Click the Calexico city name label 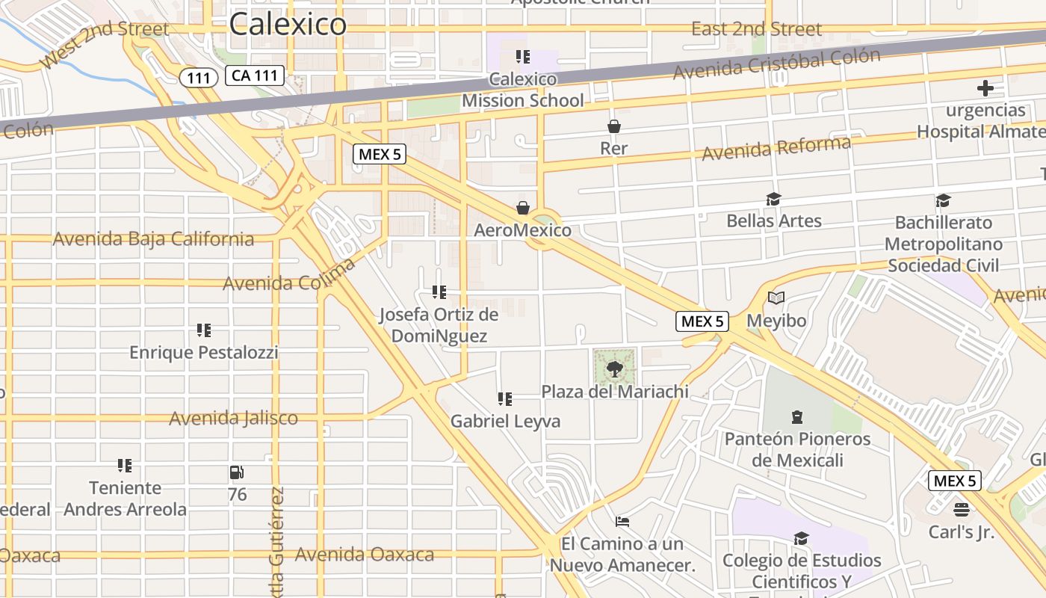coord(288,24)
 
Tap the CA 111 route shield coord(255,75)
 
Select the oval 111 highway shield coord(198,77)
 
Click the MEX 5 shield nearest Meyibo coord(702,321)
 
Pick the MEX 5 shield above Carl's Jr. coord(954,481)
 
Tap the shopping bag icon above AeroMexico coord(522,207)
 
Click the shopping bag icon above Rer coord(613,126)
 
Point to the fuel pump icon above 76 coord(237,472)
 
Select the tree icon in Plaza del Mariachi coord(614,368)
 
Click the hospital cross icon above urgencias coord(985,88)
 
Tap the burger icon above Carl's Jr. coord(961,510)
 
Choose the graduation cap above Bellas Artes coord(773,199)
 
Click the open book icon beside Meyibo coord(776,298)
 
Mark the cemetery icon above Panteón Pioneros coord(797,416)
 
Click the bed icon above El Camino coord(622,521)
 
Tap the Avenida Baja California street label coord(153,239)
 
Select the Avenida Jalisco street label coord(233,418)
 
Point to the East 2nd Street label coord(756,29)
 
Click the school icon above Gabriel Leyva coord(505,399)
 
